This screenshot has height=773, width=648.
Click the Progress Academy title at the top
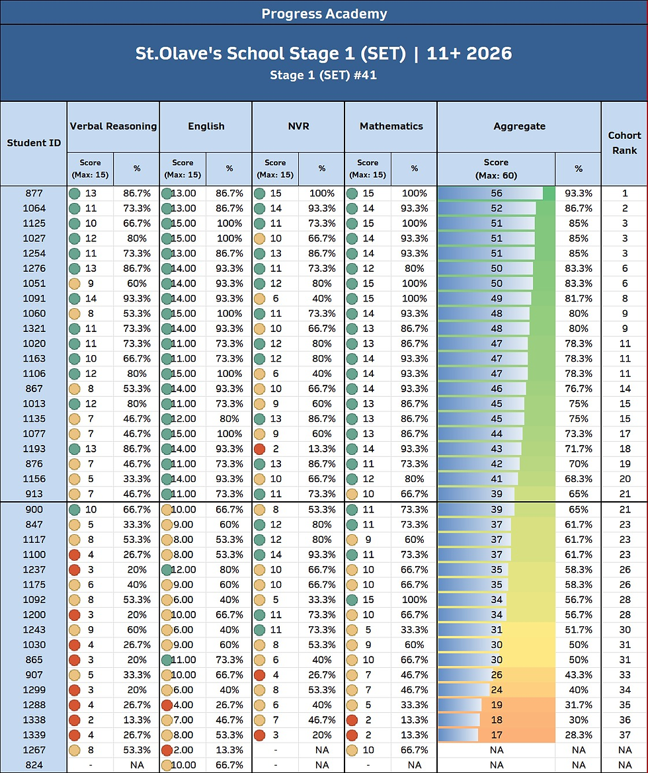[324, 13]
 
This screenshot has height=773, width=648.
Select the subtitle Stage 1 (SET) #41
[323, 75]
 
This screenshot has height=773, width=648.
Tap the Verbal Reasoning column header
[114, 126]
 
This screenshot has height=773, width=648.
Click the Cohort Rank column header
[624, 143]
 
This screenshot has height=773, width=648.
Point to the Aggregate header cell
[519, 126]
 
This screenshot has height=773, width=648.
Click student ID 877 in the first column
[34, 193]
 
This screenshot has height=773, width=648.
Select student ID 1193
[34, 448]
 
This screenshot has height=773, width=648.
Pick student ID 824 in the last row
[34, 764]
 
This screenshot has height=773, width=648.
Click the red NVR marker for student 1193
[259, 448]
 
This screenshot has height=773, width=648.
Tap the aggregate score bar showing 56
[496, 193]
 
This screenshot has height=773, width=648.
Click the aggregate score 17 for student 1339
[496, 735]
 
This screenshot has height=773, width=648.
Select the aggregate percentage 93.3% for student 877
[578, 193]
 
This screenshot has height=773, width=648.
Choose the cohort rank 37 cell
[625, 735]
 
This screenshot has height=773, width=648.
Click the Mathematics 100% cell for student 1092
[414, 600]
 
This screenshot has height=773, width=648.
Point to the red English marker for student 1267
[167, 750]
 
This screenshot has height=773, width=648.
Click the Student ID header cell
[34, 143]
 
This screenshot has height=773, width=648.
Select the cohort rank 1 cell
[625, 193]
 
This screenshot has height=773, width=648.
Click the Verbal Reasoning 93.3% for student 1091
[137, 298]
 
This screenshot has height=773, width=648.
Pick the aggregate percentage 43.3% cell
[578, 674]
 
